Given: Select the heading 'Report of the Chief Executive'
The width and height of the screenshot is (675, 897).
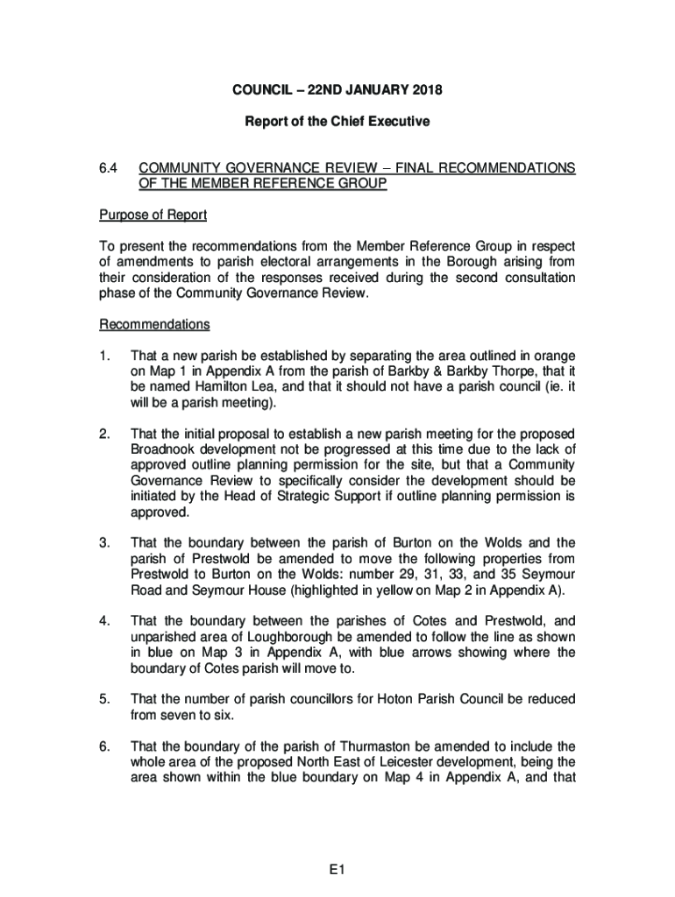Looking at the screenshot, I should tap(337, 122).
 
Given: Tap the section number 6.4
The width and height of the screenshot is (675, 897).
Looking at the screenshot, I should tap(109, 168).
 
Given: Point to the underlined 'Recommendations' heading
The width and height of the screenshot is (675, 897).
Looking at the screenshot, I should tap(154, 325).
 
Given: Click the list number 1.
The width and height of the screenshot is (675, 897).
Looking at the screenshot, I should tap(104, 356).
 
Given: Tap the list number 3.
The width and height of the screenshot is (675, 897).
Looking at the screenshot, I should tap(104, 542).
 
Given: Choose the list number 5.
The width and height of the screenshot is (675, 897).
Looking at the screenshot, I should tap(104, 699).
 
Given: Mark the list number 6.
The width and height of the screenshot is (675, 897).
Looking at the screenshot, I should tap(104, 746).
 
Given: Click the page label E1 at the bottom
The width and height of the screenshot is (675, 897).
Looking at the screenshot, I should tap(337, 871).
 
